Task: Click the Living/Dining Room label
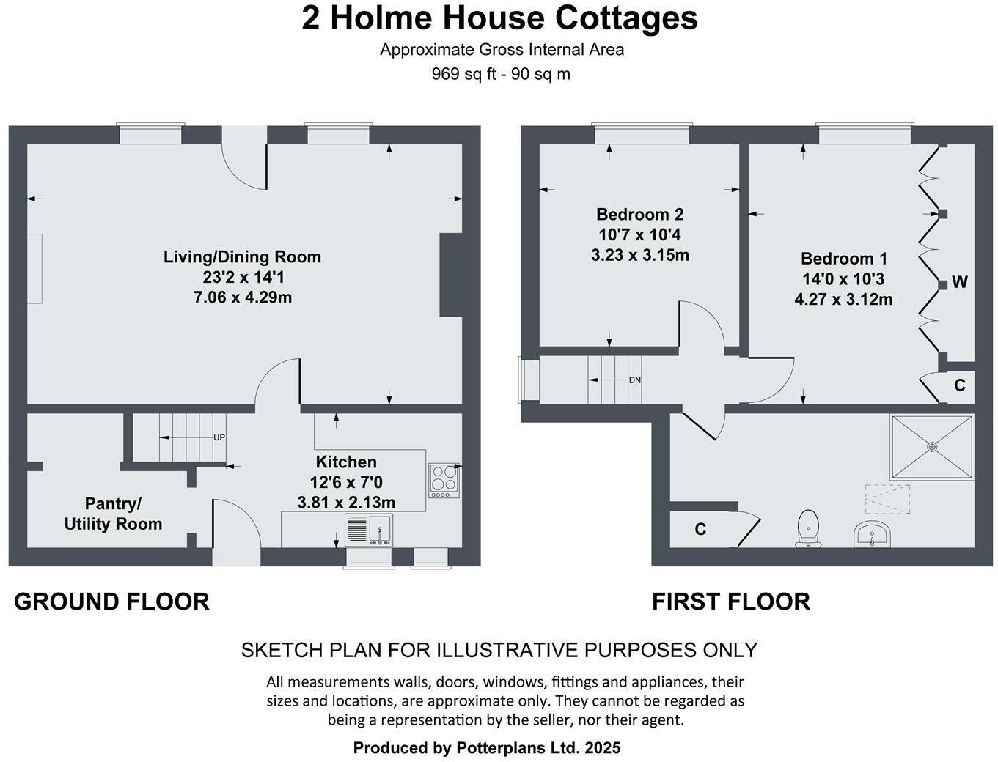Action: coord(242,257)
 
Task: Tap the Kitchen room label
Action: coord(346,462)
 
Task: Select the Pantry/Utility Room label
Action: coord(113,514)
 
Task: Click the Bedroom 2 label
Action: coord(639,215)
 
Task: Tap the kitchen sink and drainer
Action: coord(369,529)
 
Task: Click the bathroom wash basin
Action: coord(872,534)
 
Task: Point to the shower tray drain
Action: coord(932,446)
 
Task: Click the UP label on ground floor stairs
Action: coord(219,437)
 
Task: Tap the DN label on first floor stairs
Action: coord(635,380)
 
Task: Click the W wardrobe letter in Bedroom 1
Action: coord(960,282)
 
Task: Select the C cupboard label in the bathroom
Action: coord(700,529)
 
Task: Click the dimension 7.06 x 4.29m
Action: coord(242,297)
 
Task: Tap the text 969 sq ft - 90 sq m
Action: coord(501,74)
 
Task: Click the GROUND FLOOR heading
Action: coord(111,602)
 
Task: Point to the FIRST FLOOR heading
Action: coord(730,602)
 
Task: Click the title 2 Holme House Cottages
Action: coord(499,18)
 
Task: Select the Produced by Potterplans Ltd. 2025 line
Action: coord(487,748)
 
